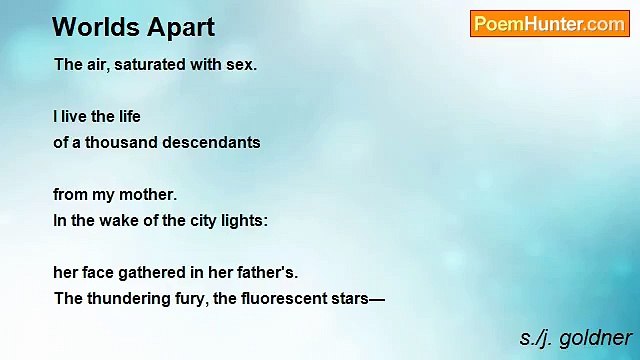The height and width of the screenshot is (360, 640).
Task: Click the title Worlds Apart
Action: [133, 27]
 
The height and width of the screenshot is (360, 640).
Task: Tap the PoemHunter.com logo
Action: [549, 24]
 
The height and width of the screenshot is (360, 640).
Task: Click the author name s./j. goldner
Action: [575, 337]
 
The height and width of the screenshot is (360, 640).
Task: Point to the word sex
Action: [242, 65]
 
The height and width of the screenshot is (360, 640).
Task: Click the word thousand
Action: [120, 142]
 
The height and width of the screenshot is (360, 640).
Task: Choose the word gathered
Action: [154, 272]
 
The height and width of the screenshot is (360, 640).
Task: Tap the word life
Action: [127, 116]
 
